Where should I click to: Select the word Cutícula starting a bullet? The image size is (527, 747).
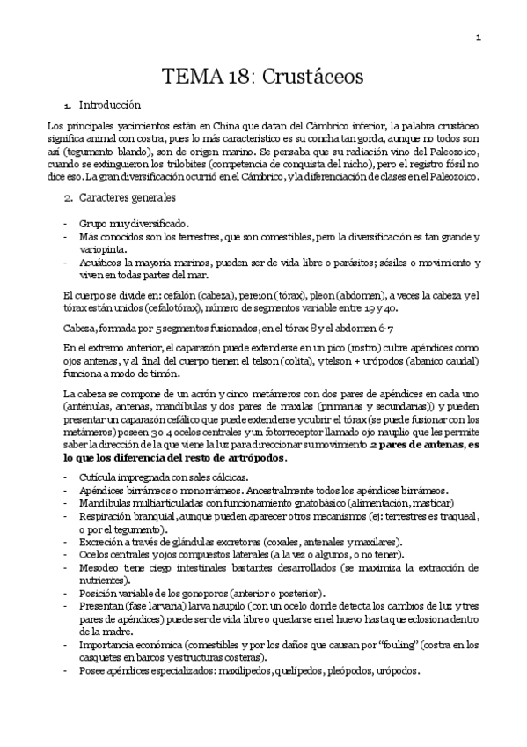pos(101,477)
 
